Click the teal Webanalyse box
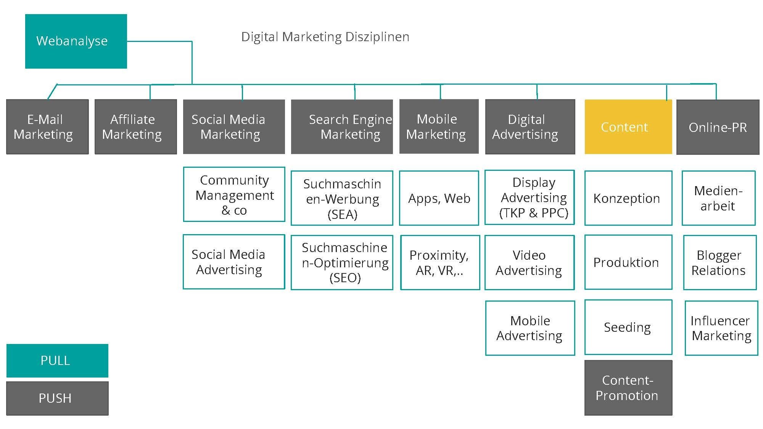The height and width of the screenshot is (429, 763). [x=76, y=41]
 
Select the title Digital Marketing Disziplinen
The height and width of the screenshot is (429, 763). [x=325, y=37]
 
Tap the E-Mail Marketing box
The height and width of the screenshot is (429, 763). [x=47, y=127]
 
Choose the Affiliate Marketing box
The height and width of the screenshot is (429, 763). [x=135, y=127]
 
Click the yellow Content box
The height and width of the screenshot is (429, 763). [x=628, y=127]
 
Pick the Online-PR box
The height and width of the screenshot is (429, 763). [x=718, y=127]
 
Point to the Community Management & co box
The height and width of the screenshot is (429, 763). [x=234, y=194]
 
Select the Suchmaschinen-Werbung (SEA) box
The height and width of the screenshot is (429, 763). [x=342, y=198]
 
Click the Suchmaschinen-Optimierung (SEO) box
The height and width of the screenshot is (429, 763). [x=342, y=262]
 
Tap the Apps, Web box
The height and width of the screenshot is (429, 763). [x=439, y=198]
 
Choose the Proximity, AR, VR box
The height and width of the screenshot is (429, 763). [x=440, y=262]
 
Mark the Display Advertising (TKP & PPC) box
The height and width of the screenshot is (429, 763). [x=530, y=198]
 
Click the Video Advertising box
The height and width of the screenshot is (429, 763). [x=530, y=262]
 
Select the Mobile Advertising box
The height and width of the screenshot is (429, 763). [x=530, y=328]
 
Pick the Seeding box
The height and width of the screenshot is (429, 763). [x=628, y=327]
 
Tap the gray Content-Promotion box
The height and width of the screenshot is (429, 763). [x=628, y=387]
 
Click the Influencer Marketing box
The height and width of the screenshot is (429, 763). [x=721, y=328]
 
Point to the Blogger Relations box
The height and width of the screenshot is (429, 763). [x=720, y=262]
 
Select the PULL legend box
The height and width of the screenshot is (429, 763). [x=57, y=360]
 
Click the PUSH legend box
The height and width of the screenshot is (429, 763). [x=57, y=398]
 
